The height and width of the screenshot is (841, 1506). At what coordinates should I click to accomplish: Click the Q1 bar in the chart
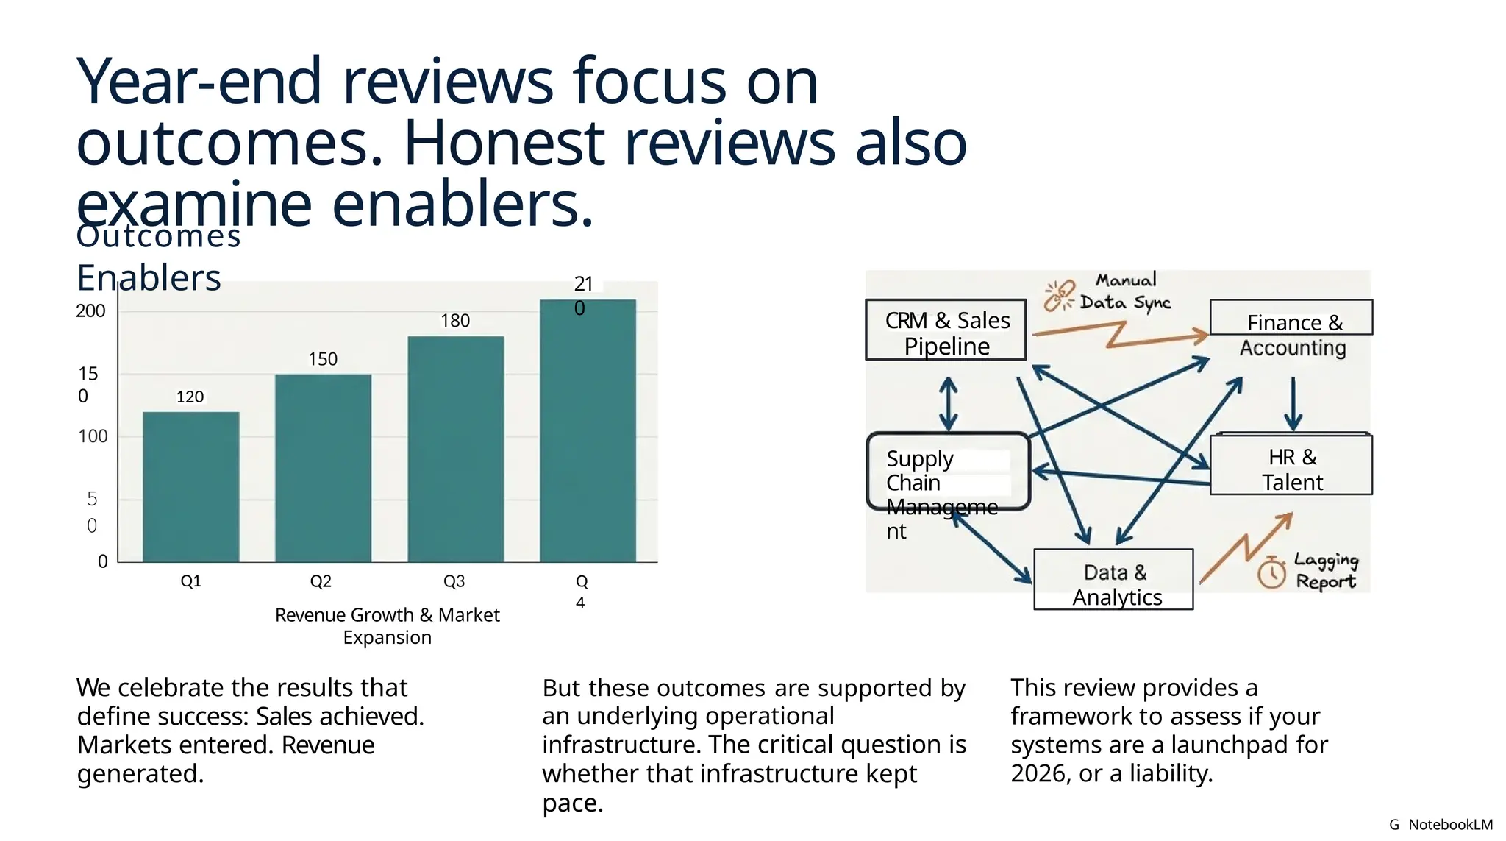click(190, 487)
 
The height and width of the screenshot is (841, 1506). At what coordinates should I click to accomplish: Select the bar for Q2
click(323, 468)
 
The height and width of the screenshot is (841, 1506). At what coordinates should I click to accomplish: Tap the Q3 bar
click(455, 449)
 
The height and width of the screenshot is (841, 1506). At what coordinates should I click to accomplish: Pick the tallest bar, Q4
click(588, 430)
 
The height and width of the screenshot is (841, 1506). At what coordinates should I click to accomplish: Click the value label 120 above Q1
click(190, 397)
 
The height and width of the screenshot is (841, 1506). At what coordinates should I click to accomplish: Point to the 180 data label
click(455, 321)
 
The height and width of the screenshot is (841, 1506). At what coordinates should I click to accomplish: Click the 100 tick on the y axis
click(93, 436)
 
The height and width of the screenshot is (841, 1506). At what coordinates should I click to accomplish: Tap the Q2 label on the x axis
click(321, 581)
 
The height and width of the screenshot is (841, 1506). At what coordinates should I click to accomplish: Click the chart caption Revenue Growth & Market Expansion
click(387, 625)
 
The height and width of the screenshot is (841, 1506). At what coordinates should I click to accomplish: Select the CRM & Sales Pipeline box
click(946, 330)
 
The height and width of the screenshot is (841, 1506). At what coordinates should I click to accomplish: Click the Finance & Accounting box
click(1292, 329)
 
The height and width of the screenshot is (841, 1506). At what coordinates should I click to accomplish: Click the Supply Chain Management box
click(948, 472)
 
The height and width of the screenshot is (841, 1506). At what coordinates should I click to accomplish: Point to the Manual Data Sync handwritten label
click(1125, 292)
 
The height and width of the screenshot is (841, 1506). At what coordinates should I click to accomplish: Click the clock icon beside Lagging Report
click(1271, 573)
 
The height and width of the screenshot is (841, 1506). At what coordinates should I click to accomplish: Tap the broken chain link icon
click(1060, 296)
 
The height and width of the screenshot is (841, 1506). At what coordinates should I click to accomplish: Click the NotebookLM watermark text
click(1450, 825)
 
